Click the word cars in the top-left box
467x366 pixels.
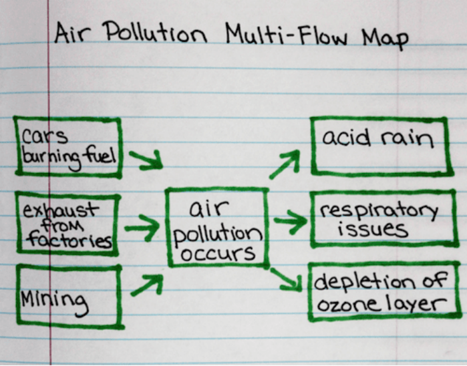45,137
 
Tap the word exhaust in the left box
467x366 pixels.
59,212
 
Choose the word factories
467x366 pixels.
66,240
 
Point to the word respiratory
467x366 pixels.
378,211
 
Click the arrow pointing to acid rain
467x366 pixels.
285,164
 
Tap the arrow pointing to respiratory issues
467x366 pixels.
289,222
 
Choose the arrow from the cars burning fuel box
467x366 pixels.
146,160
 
